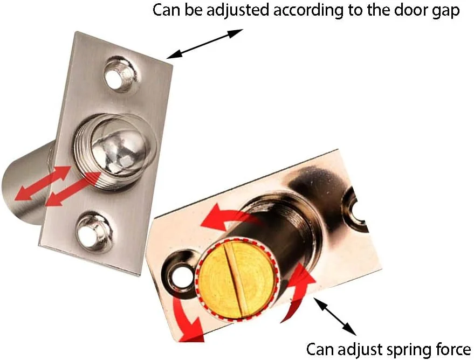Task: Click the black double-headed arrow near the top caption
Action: point(205,44)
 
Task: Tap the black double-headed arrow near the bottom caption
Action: point(335,316)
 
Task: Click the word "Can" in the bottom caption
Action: point(321,349)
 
